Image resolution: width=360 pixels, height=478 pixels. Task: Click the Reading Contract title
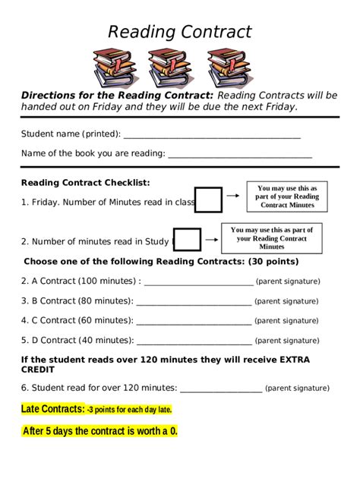tap(179, 32)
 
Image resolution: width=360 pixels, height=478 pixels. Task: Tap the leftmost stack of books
tap(113, 68)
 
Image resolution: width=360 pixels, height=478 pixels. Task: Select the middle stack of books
tap(169, 68)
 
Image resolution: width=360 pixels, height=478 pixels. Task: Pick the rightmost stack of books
tap(229, 68)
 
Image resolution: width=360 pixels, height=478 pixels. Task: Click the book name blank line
tap(240, 156)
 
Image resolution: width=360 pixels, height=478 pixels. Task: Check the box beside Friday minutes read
tap(209, 200)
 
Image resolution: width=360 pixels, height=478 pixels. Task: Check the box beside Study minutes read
tap(188, 240)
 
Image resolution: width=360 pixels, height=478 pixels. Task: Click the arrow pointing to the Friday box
tap(235, 200)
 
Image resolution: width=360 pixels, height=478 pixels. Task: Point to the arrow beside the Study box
tap(211, 240)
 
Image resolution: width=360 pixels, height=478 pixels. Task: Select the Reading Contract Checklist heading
tap(85, 183)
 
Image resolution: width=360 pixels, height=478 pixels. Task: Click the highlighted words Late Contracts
tap(52, 410)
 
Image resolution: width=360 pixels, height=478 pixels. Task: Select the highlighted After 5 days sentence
tap(99, 432)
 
